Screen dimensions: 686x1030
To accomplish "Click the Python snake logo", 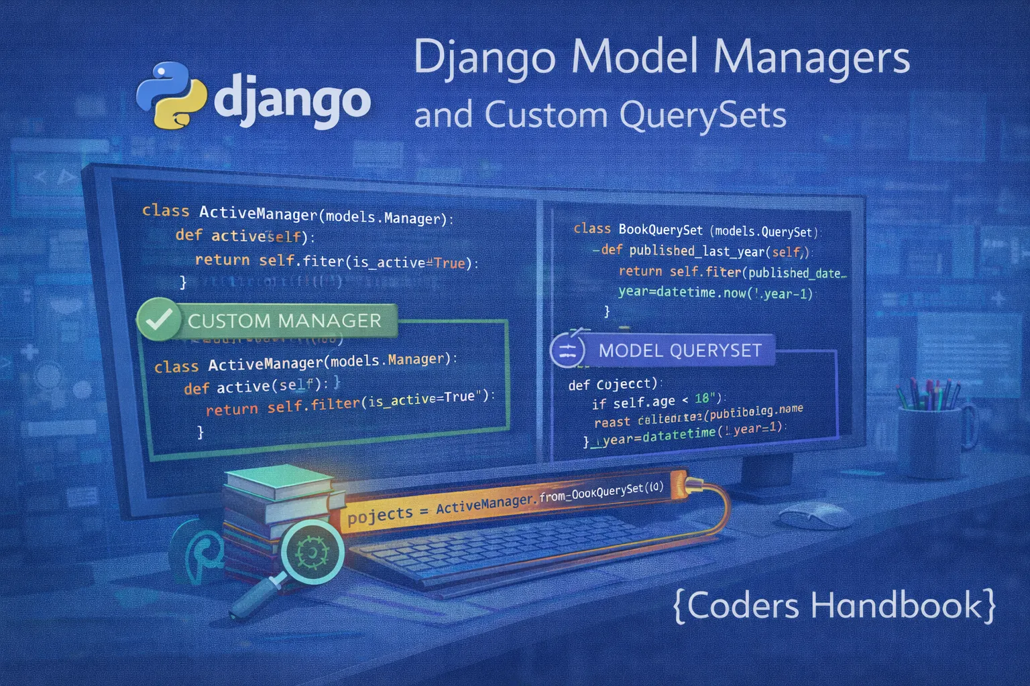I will [172, 95].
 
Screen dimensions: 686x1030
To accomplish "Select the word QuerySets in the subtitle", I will [703, 115].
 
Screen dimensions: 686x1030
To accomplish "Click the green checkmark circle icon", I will [159, 319].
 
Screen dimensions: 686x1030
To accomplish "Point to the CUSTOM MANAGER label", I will [284, 321].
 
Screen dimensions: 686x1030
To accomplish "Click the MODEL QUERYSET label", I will [679, 350].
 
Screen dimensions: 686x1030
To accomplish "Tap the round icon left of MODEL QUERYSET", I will [567, 350].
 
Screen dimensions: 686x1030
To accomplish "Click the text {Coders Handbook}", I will [834, 606].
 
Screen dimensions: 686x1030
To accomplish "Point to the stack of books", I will [278, 502].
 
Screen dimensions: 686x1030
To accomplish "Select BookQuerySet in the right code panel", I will [660, 230].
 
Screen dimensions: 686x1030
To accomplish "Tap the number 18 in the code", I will [701, 399].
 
